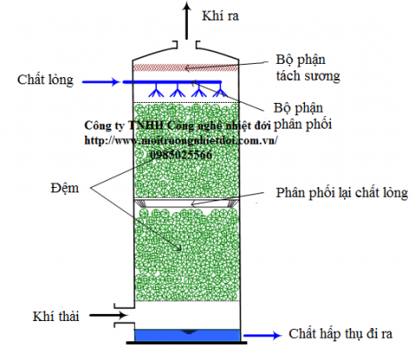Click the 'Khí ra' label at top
pos(221,16)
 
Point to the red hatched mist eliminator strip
pos(186,67)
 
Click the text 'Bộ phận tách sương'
pos(306,67)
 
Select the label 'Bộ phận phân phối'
pos(306,115)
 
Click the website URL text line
pos(181,140)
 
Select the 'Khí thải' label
pos(56,315)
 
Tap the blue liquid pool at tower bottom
pos(187,336)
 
